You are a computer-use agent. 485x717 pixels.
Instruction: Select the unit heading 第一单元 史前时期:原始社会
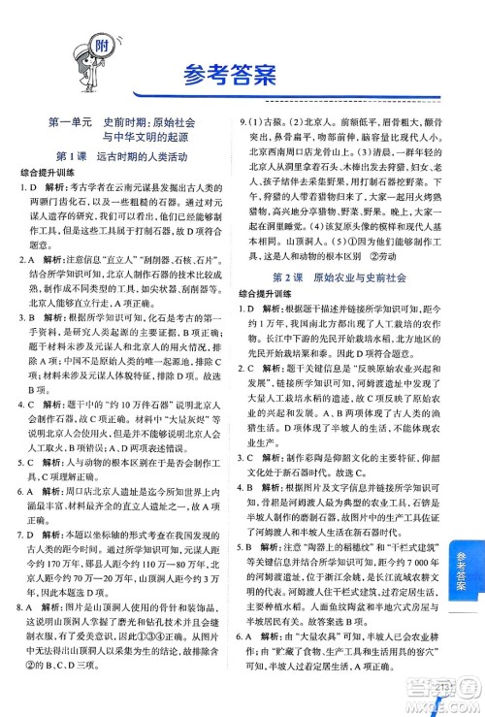pyautogui.click(x=122, y=123)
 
